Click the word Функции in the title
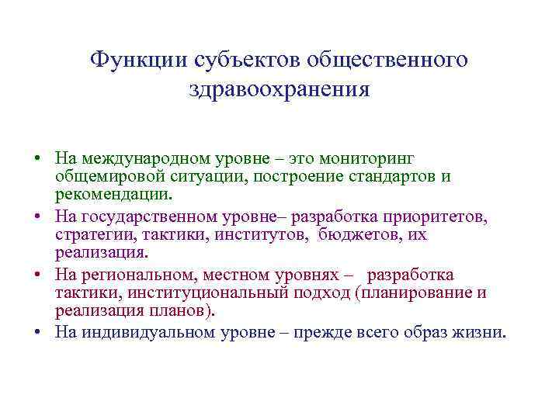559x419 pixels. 134,59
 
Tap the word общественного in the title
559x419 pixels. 387,59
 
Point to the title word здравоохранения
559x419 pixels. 279,89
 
